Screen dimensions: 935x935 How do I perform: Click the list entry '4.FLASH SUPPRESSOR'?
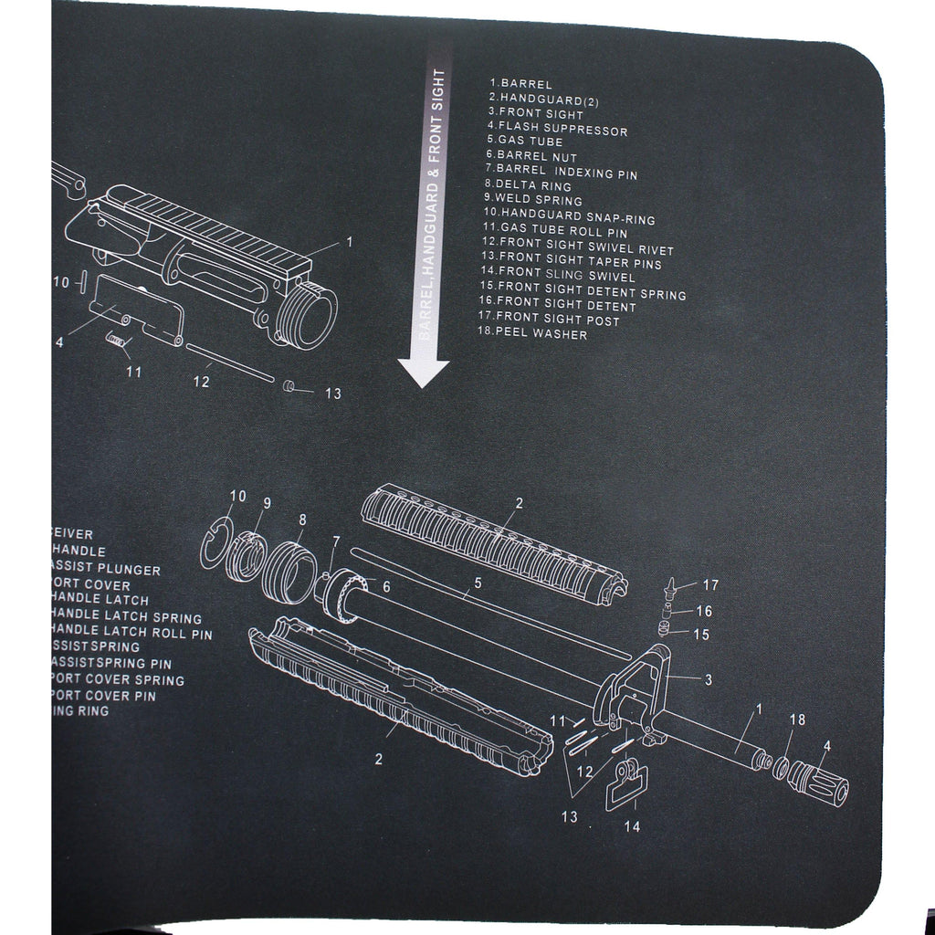coord(557,129)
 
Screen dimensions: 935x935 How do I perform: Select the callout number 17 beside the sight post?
coord(710,584)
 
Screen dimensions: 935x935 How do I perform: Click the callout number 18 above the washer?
coord(797,720)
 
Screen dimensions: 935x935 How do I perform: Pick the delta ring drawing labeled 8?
coord(288,569)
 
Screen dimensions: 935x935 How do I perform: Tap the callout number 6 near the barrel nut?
coord(385,586)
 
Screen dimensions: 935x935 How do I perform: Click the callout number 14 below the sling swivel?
coord(632,827)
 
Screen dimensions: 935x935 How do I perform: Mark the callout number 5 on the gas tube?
coord(477,581)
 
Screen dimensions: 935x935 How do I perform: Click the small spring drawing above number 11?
coord(116,340)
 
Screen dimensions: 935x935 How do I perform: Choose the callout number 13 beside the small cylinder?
coord(332,394)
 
